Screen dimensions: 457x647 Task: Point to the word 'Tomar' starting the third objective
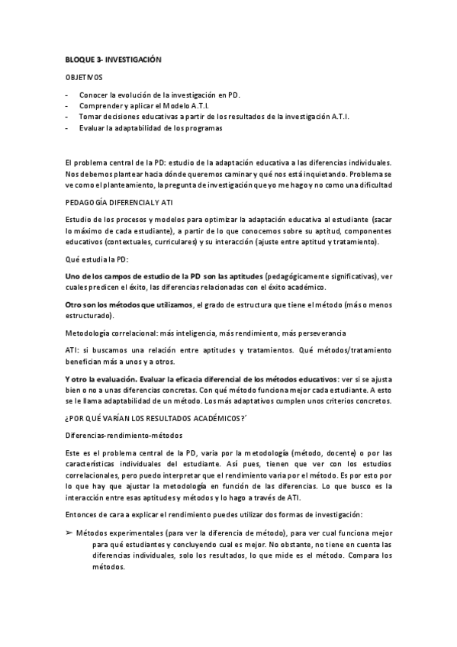click(x=89, y=117)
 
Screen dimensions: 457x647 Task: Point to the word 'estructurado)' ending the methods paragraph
click(x=89, y=315)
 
